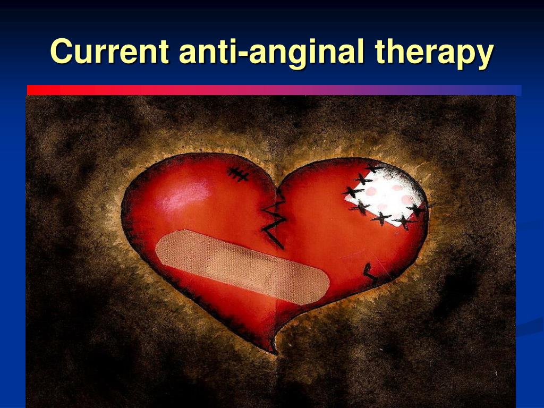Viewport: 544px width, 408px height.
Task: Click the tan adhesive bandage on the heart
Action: (x=242, y=267)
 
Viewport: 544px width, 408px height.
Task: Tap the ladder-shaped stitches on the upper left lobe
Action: (x=237, y=174)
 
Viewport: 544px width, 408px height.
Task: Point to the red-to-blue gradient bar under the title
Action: (x=274, y=90)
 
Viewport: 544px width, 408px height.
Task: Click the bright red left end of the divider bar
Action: (x=38, y=90)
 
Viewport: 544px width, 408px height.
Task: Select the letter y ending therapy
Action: (x=484, y=57)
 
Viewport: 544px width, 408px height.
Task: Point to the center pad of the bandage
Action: (x=243, y=267)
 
